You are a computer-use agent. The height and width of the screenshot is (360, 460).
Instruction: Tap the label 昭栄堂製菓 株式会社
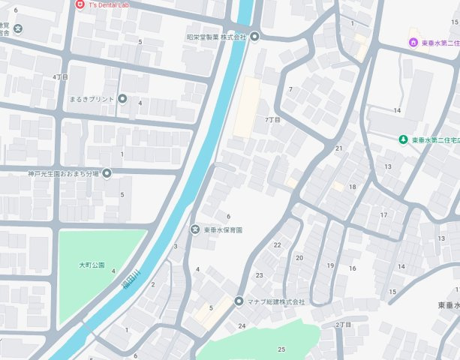(216, 37)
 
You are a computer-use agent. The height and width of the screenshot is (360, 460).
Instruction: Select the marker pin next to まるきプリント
(122, 99)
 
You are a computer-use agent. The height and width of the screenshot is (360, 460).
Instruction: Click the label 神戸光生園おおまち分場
(53, 174)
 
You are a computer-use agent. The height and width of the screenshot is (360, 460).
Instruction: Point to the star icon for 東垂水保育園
(195, 229)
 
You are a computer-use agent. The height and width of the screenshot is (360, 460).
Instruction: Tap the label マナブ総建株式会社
(276, 301)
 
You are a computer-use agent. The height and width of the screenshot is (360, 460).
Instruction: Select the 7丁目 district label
(272, 120)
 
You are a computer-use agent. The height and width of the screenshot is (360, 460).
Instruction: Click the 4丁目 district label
(61, 76)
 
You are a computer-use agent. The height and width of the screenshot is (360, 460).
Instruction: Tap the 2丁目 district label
(343, 325)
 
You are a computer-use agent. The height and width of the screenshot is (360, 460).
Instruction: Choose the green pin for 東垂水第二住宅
(403, 140)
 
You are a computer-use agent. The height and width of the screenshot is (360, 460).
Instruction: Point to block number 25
(281, 349)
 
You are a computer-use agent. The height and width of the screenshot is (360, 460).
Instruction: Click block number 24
(242, 325)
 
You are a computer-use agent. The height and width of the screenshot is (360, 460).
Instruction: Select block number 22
(277, 245)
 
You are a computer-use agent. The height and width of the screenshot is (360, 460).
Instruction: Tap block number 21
(338, 148)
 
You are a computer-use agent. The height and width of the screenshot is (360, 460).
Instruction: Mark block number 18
(352, 187)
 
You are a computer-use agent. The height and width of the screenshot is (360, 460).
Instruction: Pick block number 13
(388, 166)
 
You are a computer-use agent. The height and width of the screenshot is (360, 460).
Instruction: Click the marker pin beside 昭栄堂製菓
(254, 37)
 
